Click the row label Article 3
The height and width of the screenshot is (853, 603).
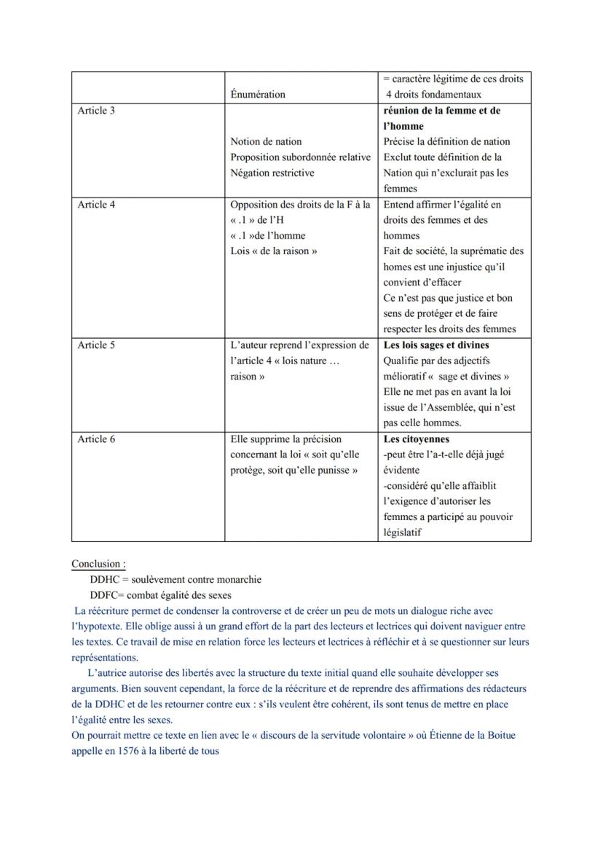pyautogui.click(x=96, y=111)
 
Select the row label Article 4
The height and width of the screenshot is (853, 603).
pyautogui.click(x=96, y=205)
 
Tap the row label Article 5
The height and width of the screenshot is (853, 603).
pyautogui.click(x=96, y=345)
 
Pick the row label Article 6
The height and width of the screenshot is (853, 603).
pyautogui.click(x=96, y=439)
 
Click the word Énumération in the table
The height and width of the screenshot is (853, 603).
pyautogui.click(x=258, y=95)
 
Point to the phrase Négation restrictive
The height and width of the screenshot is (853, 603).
pyautogui.click(x=272, y=173)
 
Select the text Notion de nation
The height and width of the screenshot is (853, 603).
pyautogui.click(x=266, y=142)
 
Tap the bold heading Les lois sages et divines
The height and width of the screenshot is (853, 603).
pyautogui.click(x=436, y=345)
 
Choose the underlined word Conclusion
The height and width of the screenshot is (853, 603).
pyautogui.click(x=98, y=564)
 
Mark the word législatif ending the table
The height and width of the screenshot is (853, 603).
pyautogui.click(x=402, y=532)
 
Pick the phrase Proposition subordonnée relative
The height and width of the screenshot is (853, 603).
pyautogui.click(x=301, y=157)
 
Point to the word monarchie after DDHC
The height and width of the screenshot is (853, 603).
pyautogui.click(x=240, y=580)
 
